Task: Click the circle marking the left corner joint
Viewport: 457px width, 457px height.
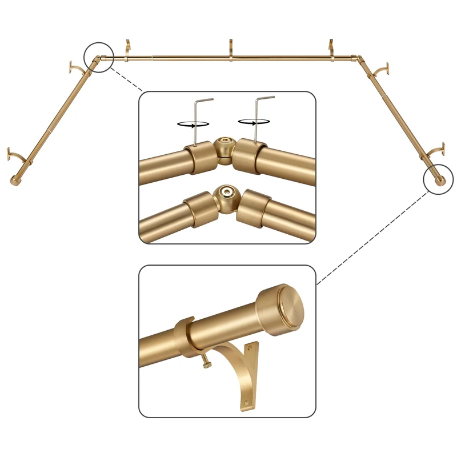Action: click(x=98, y=57)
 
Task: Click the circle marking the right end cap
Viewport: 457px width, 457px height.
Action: click(x=439, y=180)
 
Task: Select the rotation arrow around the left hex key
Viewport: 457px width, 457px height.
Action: click(x=194, y=123)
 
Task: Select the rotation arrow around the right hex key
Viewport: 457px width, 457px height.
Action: click(x=254, y=121)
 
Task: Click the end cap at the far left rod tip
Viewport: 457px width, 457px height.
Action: click(x=14, y=181)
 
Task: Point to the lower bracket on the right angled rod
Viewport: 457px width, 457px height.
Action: click(x=435, y=152)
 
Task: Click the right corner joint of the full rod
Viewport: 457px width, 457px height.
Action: click(x=358, y=58)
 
